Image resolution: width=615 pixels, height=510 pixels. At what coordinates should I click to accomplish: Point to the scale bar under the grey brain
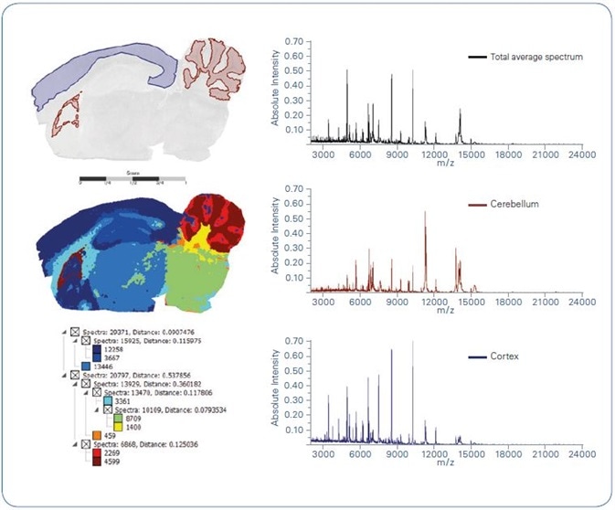(133, 178)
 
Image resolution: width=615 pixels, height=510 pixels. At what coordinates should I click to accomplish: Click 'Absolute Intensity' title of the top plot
(276, 91)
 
